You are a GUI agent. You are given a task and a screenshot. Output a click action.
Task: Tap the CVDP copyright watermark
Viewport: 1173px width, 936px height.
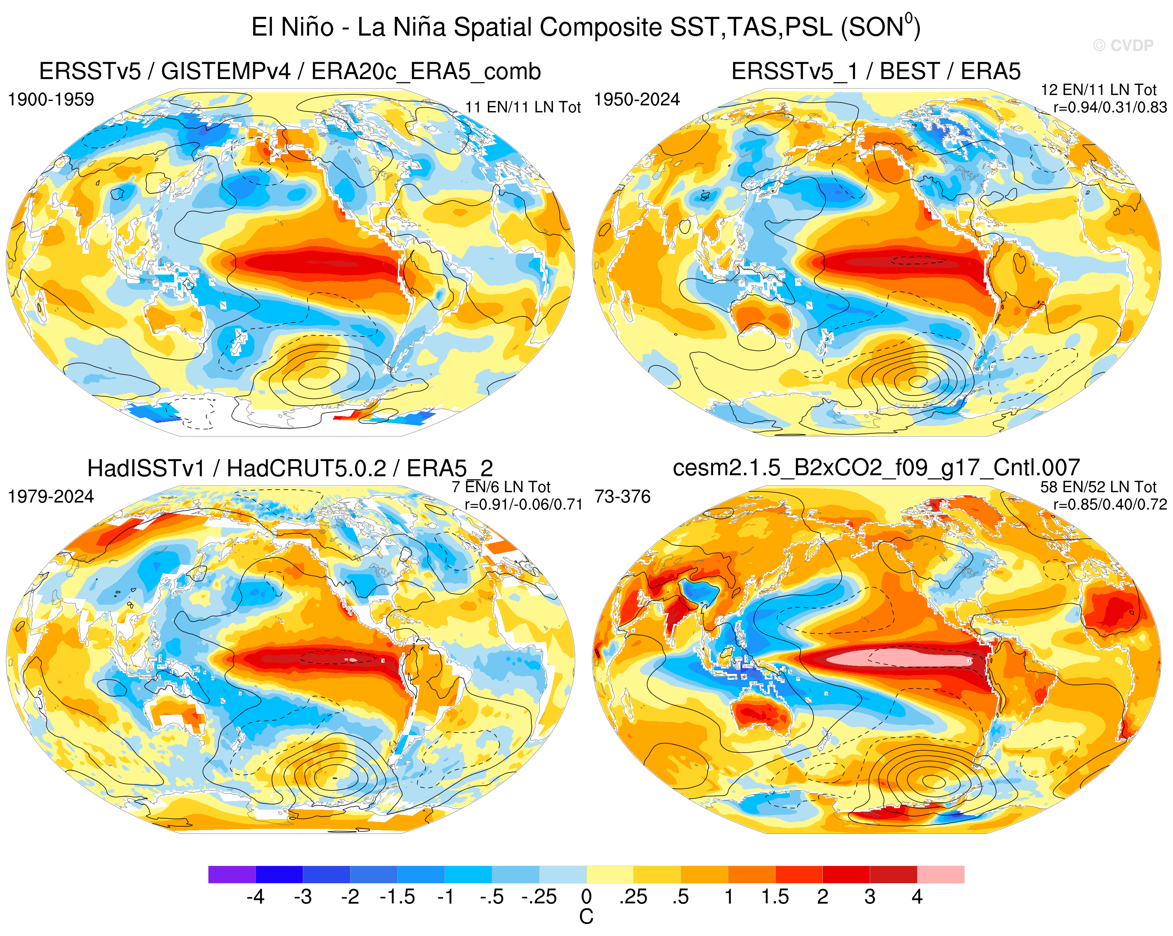point(1123,46)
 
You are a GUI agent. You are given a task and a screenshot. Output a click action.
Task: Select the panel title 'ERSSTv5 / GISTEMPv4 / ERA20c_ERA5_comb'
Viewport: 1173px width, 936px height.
point(290,71)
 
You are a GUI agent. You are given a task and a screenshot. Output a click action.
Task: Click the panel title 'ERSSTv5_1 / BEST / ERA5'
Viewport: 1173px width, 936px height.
point(876,71)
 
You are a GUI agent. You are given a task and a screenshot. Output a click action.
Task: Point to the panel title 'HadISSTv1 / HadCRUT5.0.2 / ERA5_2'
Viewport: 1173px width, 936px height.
point(290,468)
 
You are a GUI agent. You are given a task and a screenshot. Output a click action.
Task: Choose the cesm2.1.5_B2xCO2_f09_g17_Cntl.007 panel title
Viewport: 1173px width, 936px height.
point(876,468)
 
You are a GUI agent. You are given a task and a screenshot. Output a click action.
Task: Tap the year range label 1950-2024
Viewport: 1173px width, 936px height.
point(637,100)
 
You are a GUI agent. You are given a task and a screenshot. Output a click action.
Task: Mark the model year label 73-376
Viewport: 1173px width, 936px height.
point(623,497)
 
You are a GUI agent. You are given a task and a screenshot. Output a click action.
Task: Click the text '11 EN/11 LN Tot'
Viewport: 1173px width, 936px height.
point(523,107)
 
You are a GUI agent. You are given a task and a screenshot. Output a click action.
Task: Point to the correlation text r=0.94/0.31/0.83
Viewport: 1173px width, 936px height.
point(1110,107)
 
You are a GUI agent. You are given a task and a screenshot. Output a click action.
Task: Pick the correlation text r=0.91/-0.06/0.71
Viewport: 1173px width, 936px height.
point(523,504)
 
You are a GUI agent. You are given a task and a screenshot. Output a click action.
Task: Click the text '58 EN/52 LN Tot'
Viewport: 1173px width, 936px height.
point(1098,487)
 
